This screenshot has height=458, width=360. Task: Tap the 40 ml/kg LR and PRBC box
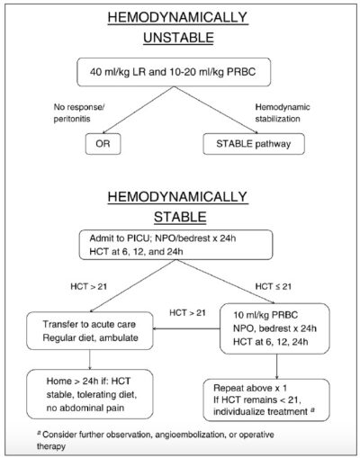pos(181,76)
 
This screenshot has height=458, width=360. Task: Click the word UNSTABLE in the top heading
pos(180,38)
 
